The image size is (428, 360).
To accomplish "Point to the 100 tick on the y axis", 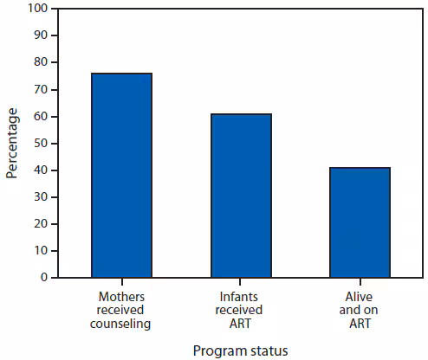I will point(38,9).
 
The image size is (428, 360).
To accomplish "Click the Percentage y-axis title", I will point(12,143).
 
